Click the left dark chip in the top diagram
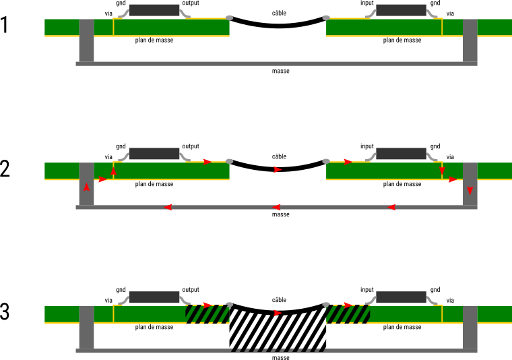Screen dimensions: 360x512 click(x=154, y=10)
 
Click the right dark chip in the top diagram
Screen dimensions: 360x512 click(x=402, y=10)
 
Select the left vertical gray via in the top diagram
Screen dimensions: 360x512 click(x=86, y=40)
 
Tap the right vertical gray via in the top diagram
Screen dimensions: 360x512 click(x=470, y=40)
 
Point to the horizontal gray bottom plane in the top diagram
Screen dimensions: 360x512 click(x=276, y=64)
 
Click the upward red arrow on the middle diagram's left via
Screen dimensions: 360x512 click(x=86, y=187)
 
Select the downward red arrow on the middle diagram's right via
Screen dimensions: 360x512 click(x=470, y=191)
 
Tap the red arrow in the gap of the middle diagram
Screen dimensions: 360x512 click(x=278, y=170)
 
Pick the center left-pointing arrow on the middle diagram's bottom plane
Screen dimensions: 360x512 click(x=276, y=207)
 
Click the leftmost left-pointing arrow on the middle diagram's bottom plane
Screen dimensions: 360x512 click(x=168, y=207)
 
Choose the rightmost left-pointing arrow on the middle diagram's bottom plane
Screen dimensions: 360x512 click(x=391, y=207)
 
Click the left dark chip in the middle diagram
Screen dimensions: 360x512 click(x=154, y=154)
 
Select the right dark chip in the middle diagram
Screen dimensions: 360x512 click(x=402, y=154)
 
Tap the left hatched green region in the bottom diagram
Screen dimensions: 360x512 click(x=207, y=315)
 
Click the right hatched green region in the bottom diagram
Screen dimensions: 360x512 click(x=348, y=315)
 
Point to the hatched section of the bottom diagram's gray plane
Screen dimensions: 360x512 click(x=278, y=351)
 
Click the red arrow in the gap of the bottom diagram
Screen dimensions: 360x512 click(x=278, y=313)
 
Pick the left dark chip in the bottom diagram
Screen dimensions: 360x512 click(x=154, y=297)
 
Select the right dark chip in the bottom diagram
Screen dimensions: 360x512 click(x=402, y=297)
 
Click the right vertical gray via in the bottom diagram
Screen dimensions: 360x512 click(x=470, y=328)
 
